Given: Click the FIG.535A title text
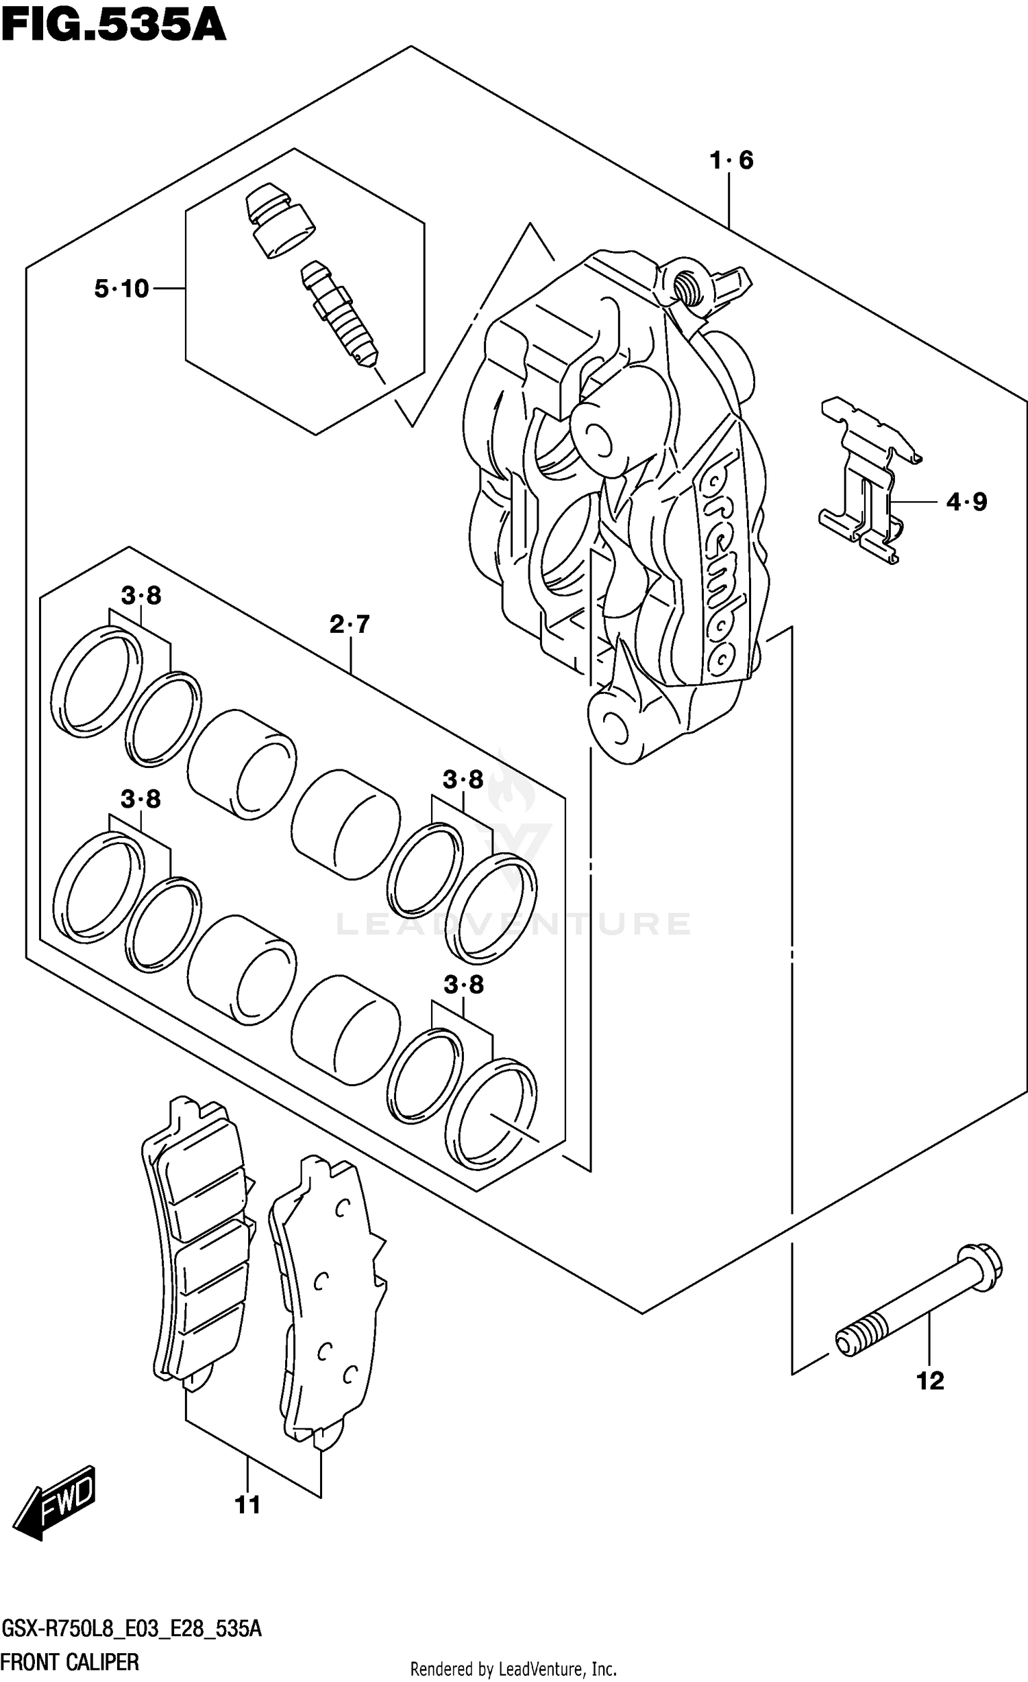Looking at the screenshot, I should click(x=113, y=26).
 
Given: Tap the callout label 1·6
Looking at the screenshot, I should click(x=731, y=161).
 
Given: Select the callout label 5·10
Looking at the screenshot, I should click(x=121, y=289).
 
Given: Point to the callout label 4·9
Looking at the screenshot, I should click(x=966, y=503).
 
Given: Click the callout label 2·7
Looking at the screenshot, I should click(x=350, y=625).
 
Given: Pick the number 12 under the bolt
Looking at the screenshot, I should click(x=930, y=1381).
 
